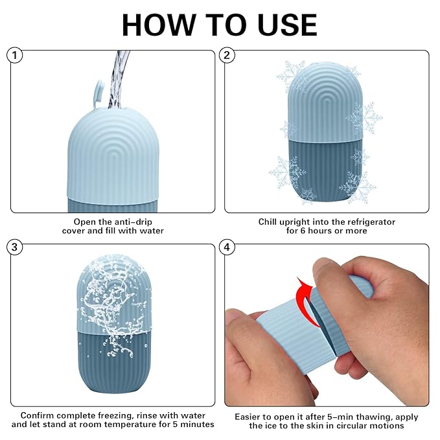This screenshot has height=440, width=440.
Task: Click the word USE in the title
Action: (x=284, y=25)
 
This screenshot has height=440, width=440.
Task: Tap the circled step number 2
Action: (x=227, y=56)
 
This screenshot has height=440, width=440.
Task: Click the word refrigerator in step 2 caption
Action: (x=367, y=222)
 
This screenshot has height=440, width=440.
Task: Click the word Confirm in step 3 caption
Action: (x=36, y=415)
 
